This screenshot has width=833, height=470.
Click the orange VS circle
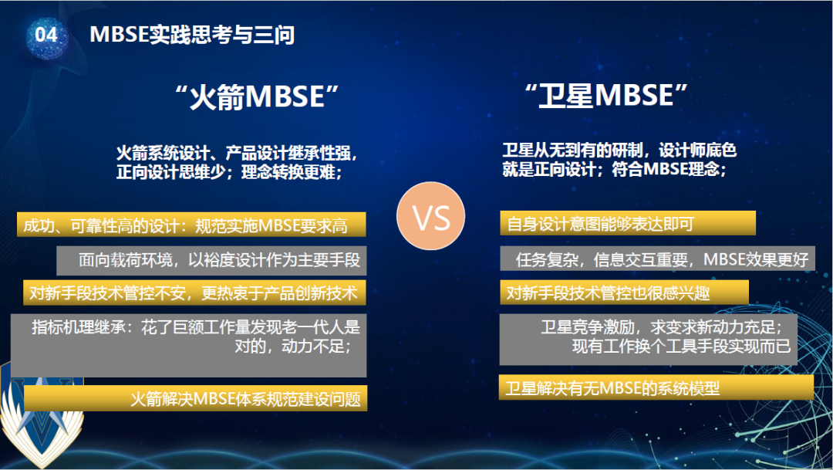[x=432, y=219]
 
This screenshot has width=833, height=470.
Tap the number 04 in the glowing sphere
[x=46, y=35]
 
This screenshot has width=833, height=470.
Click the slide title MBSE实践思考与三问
[x=192, y=35]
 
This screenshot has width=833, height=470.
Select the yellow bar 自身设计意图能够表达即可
[x=626, y=224]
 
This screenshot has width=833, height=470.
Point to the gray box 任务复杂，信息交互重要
[x=656, y=259]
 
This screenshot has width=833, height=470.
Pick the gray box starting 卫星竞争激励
[x=656, y=338]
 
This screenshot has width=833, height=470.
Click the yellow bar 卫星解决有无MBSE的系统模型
[x=656, y=387]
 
